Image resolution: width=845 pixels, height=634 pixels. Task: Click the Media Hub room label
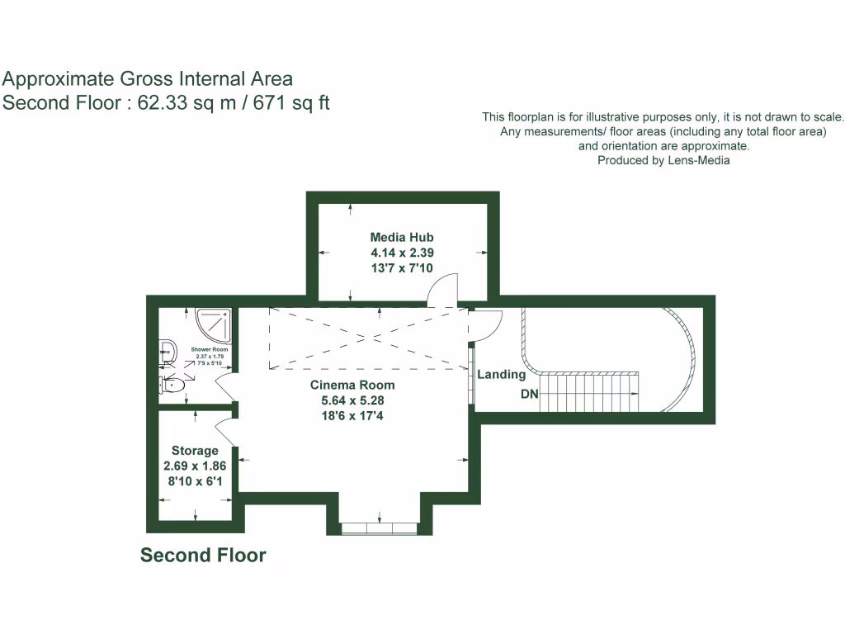tap(402, 238)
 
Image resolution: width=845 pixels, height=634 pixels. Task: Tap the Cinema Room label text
tap(352, 385)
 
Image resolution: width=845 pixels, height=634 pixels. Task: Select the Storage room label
tap(195, 451)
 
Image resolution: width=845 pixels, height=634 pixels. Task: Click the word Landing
tap(502, 375)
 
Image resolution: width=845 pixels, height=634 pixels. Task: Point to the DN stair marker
tap(529, 395)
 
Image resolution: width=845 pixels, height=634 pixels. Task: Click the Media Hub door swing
tap(441, 288)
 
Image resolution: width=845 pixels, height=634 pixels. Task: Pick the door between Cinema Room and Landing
tap(485, 324)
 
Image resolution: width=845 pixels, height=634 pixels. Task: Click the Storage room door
tap(224, 430)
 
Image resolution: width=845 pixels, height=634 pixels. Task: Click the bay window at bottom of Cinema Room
tap(380, 528)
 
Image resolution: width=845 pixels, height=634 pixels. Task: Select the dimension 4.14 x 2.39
tap(402, 253)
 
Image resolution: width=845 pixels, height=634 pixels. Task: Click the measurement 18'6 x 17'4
tap(352, 415)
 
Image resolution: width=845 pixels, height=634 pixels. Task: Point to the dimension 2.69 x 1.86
tap(195, 466)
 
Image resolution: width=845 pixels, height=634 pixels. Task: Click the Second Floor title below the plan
tap(203, 555)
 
